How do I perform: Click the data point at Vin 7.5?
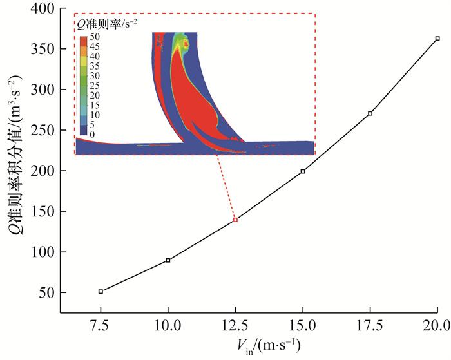point(101,292)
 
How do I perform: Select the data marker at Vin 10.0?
point(168,260)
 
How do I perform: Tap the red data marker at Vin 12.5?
point(235,220)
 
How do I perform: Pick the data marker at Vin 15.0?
point(303,171)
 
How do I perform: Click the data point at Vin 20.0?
point(437,39)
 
